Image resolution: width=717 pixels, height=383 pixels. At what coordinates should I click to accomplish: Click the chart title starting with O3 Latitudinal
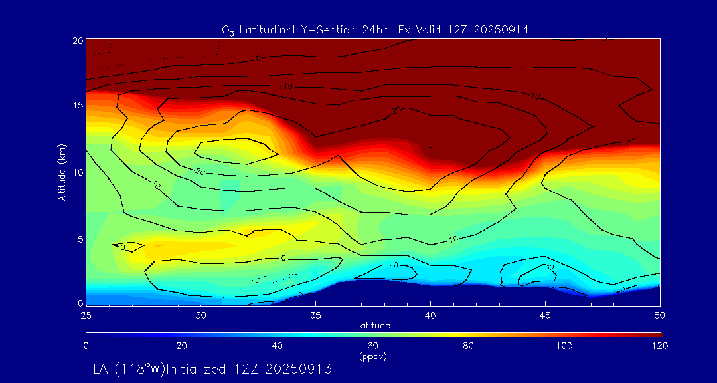tap(375, 29)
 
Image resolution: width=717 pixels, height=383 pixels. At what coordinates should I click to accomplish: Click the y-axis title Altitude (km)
tap(62, 172)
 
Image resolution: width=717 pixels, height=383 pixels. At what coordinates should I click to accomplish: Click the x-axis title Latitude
tap(373, 325)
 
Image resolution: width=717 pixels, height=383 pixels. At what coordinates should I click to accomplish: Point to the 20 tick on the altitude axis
tap(77, 41)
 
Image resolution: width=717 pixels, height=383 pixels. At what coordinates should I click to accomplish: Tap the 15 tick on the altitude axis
tap(77, 106)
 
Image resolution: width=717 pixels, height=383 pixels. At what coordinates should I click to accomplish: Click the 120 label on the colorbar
tap(660, 346)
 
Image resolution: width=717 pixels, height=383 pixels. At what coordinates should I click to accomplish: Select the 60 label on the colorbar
tap(373, 346)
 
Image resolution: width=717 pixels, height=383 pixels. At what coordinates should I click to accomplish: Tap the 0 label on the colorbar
tap(86, 346)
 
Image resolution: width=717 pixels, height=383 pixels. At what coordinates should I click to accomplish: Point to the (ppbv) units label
tap(373, 356)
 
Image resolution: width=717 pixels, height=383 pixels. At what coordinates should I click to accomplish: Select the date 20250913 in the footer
tap(298, 368)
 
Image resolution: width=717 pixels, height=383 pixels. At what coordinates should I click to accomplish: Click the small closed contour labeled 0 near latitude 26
tap(128, 247)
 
